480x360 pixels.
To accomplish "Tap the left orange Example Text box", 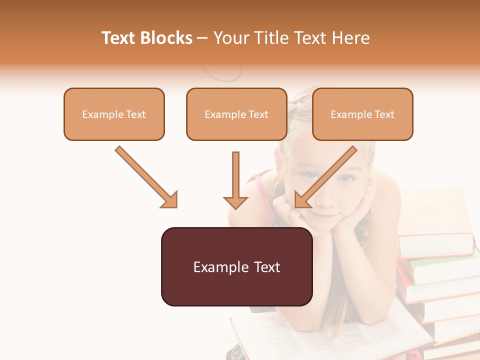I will coord(114,114).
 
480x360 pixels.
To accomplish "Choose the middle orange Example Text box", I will coord(236,114).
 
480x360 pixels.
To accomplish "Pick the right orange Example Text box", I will coord(362,114).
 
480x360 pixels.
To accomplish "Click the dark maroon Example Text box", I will coord(236,267).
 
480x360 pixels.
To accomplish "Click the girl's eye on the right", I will coord(346,178).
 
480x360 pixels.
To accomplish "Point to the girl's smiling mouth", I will coord(327,215).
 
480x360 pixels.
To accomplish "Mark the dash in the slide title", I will coord(202,38).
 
